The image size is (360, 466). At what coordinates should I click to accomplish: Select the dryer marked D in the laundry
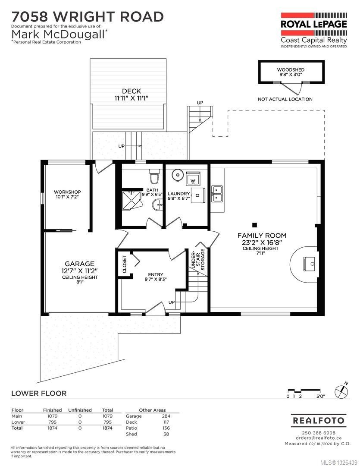(x=198, y=195)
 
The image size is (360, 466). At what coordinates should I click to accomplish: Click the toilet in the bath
(x=153, y=176)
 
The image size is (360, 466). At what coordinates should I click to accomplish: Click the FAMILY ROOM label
(x=262, y=235)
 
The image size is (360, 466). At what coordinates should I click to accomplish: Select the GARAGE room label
(x=79, y=264)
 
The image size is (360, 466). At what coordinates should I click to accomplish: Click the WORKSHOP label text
(x=67, y=192)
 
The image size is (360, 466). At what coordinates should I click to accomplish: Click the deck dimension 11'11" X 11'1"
(x=131, y=98)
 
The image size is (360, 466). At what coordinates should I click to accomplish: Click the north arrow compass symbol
(x=342, y=389)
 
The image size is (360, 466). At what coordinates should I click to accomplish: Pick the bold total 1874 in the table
(x=107, y=428)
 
